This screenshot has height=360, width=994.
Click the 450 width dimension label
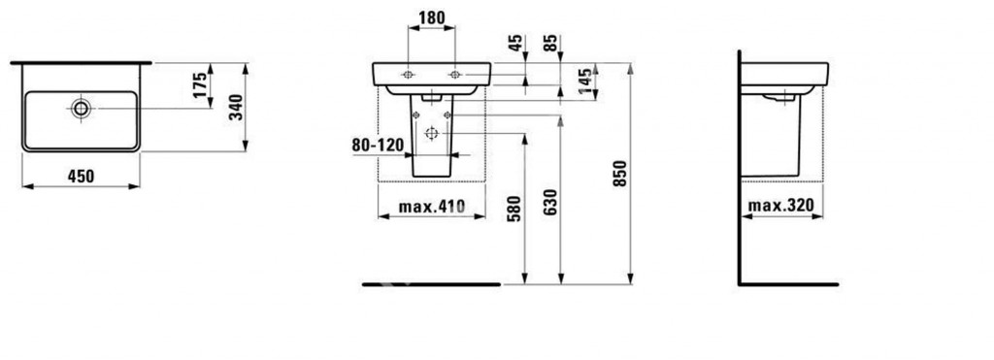click(x=81, y=177)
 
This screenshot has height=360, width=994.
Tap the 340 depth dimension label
click(x=235, y=107)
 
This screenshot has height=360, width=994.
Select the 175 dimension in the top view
click(x=200, y=85)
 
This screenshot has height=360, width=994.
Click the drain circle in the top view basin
click(x=82, y=109)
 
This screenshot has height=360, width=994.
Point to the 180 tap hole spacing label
click(x=432, y=17)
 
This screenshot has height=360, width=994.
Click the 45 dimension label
click(x=516, y=43)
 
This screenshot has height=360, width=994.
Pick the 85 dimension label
click(x=551, y=43)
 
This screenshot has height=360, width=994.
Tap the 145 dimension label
click(x=585, y=82)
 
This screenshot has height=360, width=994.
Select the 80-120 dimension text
click(x=378, y=146)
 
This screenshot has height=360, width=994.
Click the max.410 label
click(x=432, y=207)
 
